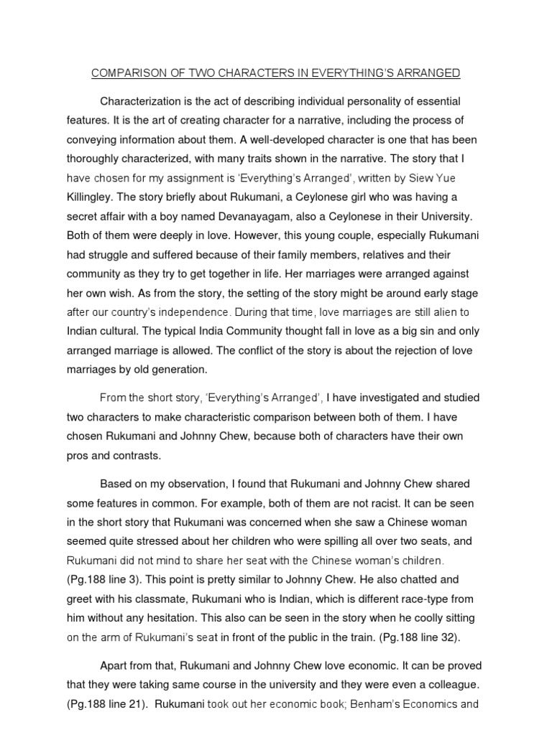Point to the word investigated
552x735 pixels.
396,397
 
